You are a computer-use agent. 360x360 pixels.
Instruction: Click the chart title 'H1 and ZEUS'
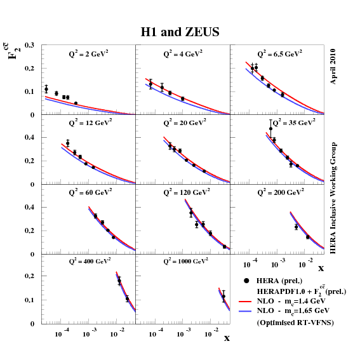(x=180, y=31)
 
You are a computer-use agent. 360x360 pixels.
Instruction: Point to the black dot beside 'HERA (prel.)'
(x=244, y=281)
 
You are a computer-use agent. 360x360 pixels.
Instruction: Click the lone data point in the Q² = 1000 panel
(x=223, y=297)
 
